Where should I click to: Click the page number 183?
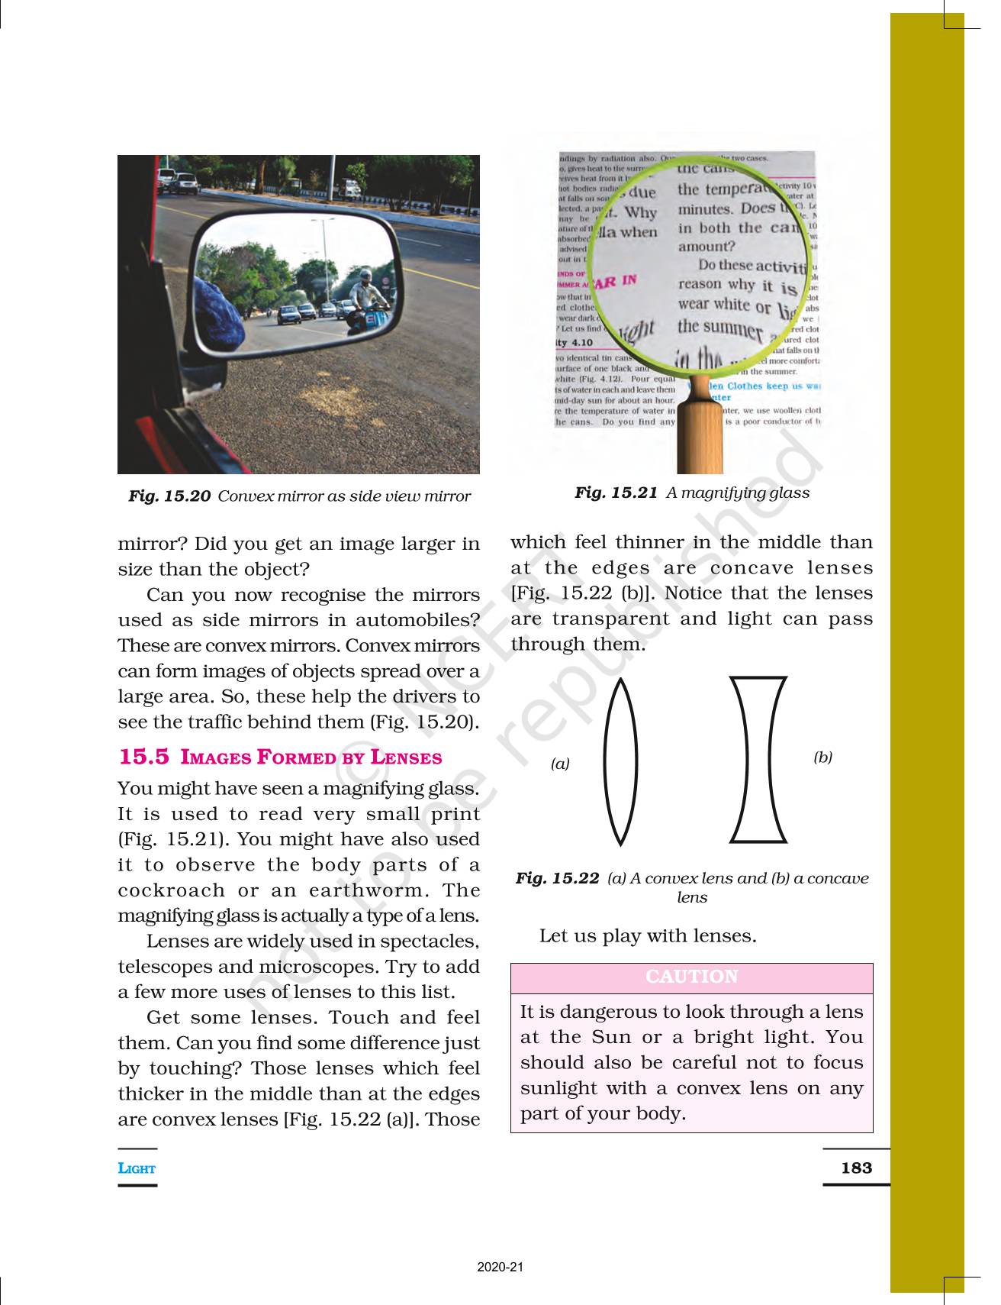click(x=856, y=1168)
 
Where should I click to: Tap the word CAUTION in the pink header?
click(x=691, y=977)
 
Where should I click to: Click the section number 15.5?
click(x=143, y=757)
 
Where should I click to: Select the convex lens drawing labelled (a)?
click(x=620, y=761)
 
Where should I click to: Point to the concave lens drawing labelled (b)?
click(x=758, y=759)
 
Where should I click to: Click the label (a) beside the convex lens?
click(x=560, y=764)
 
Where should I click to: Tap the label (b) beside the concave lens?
click(x=822, y=757)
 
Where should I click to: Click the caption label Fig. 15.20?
click(x=169, y=496)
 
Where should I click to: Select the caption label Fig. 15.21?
click(x=616, y=493)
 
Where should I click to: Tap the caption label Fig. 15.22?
click(x=557, y=878)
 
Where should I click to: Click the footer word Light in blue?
click(x=137, y=1168)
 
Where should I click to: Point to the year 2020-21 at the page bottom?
click(x=500, y=1267)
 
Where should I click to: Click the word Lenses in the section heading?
click(x=406, y=757)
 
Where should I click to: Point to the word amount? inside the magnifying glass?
click(x=706, y=247)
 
